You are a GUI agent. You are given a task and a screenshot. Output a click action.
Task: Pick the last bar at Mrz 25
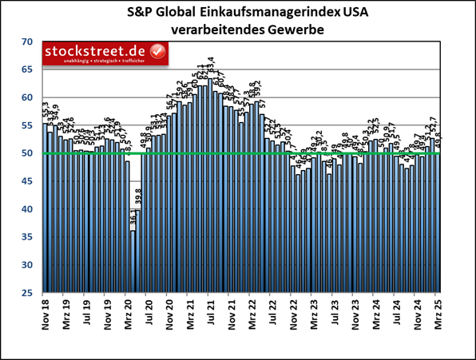click(x=437, y=224)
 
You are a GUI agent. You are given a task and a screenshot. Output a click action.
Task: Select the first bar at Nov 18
click(x=45, y=208)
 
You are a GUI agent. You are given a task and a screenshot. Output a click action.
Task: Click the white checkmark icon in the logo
click(x=157, y=53)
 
